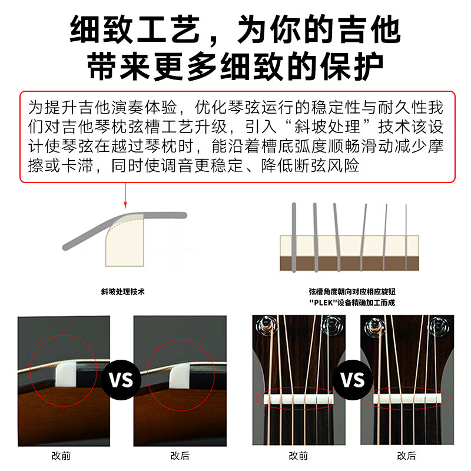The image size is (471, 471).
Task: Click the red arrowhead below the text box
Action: pyautogui.click(x=125, y=205)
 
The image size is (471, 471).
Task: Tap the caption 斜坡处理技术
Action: pyautogui.click(x=122, y=291)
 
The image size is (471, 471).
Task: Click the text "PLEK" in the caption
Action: pyautogui.click(x=323, y=303)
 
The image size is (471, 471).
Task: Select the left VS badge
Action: pyautogui.click(x=121, y=380)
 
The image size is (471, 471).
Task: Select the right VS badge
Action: pyautogui.click(x=353, y=380)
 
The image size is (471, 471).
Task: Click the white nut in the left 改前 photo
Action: pyautogui.click(x=66, y=373)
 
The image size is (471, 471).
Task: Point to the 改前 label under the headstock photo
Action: pyautogui.click(x=298, y=456)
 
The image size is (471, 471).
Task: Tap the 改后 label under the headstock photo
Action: pyautogui.click(x=406, y=456)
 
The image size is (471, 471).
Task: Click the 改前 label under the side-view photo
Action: pyautogui.click(x=61, y=456)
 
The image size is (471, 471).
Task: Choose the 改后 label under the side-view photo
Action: pyautogui.click(x=180, y=456)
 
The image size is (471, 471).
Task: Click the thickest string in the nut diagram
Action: pyautogui.click(x=294, y=237)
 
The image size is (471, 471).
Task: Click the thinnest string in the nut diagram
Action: pyautogui.click(x=406, y=237)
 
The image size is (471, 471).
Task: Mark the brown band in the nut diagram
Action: pyautogui.click(x=349, y=263)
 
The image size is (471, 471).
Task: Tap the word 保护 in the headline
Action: pyautogui.click(x=351, y=67)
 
